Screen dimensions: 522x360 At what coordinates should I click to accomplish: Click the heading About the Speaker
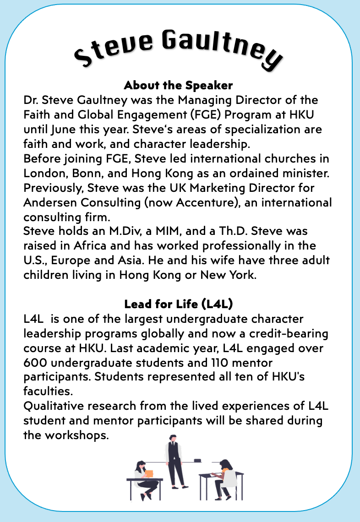coord(178,85)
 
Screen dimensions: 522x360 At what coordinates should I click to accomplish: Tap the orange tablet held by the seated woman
coord(149,473)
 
